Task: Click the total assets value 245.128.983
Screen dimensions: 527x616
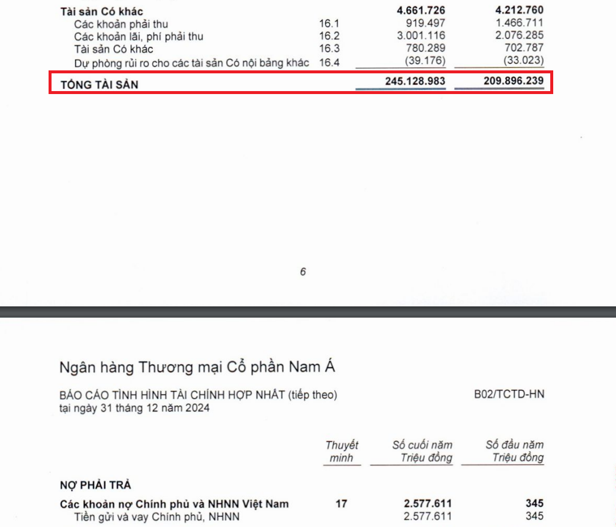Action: click(415, 81)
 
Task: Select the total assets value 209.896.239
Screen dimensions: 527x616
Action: click(514, 81)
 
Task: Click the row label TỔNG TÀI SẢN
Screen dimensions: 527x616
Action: click(100, 85)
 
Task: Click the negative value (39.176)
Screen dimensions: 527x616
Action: click(425, 61)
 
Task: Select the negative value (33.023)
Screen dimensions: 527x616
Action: click(524, 61)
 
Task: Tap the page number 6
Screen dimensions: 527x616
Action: click(303, 272)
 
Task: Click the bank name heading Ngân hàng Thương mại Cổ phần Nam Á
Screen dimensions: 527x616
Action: click(197, 367)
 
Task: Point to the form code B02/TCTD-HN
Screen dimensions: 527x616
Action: click(509, 395)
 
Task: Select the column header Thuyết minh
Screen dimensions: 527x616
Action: click(342, 451)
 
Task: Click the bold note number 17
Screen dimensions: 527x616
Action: click(341, 504)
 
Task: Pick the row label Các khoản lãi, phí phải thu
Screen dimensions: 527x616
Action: click(139, 36)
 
